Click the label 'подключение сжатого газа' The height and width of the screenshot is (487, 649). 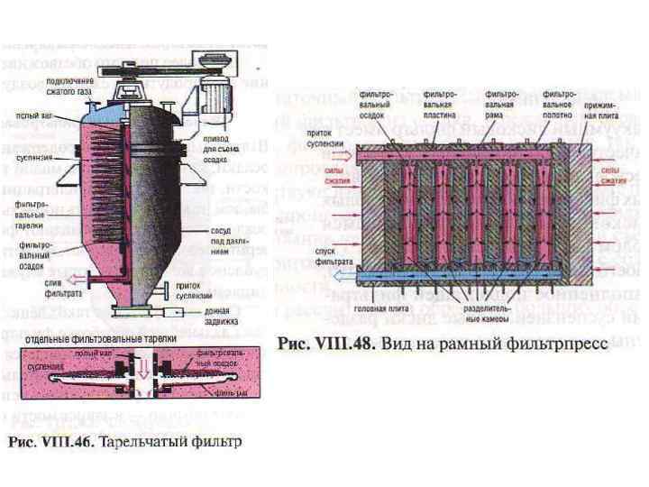[70, 86]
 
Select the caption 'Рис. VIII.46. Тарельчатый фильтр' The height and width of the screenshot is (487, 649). [126, 444]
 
